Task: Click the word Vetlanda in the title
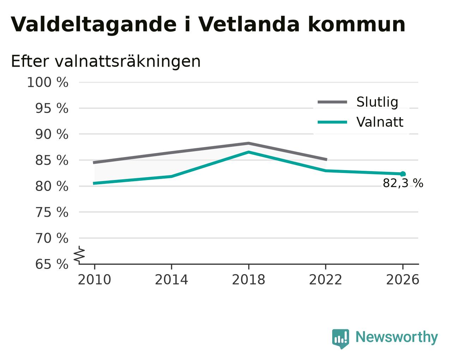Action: coord(249,24)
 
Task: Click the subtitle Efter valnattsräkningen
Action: coord(106,61)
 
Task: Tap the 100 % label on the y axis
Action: coord(48,82)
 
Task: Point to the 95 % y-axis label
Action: coord(51,108)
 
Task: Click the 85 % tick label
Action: coord(51,161)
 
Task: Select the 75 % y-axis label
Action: coord(51,212)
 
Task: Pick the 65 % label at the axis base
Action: coord(51,264)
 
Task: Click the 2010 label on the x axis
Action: coord(94,280)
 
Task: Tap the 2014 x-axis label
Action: coord(171,280)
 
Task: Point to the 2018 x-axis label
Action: coord(248,280)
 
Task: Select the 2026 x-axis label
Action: coord(402,280)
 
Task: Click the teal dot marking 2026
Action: coord(403,174)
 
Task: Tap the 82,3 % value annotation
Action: coord(403,183)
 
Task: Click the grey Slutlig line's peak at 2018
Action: coord(248,143)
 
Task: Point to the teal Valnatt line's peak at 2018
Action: coord(248,152)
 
